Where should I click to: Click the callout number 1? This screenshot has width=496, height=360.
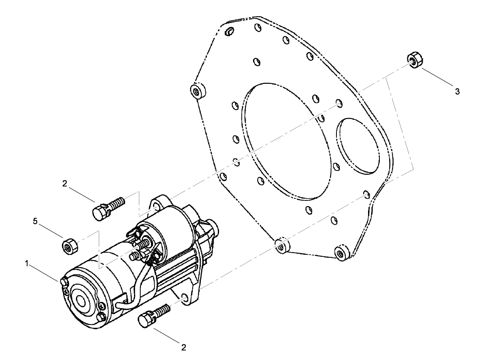[27, 264]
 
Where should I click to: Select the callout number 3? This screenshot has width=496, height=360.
[457, 92]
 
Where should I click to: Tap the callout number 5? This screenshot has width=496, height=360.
[35, 222]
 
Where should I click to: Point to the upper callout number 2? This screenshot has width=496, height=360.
[65, 183]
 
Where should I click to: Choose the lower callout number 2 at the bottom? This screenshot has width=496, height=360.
[183, 347]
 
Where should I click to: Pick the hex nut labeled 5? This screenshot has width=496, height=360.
[68, 245]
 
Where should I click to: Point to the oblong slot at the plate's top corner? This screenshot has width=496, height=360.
[230, 30]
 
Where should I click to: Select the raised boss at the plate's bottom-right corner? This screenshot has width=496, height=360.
[341, 253]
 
